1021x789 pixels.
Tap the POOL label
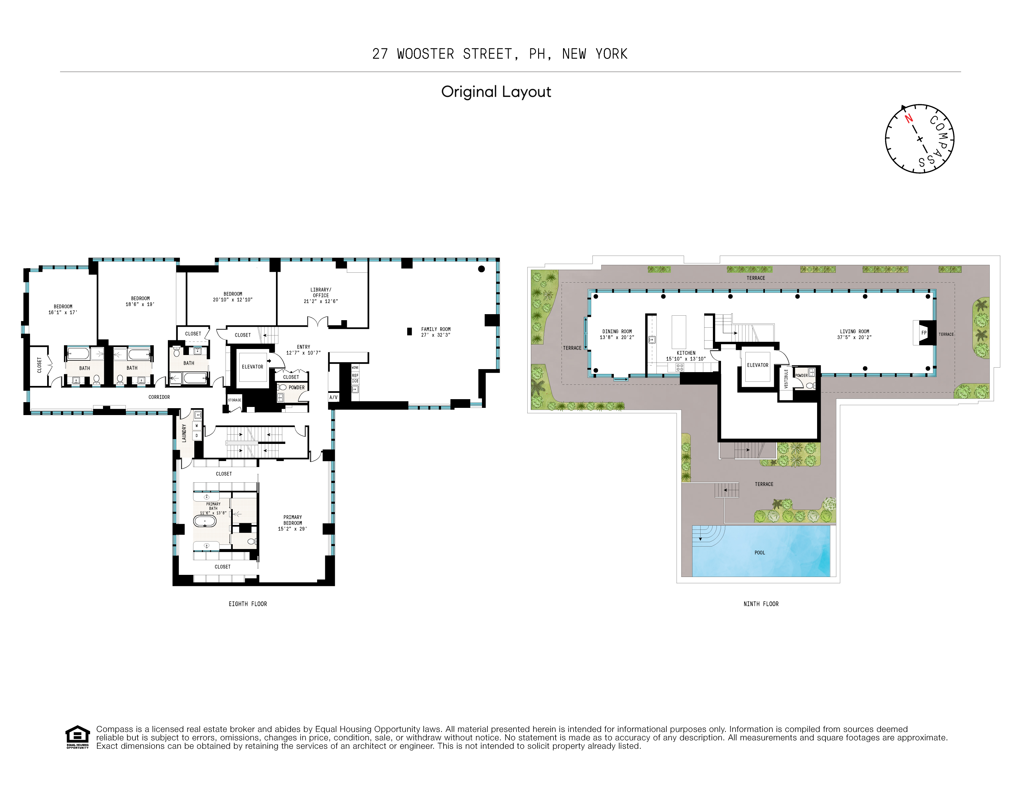(x=760, y=552)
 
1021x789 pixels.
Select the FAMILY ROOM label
(x=436, y=329)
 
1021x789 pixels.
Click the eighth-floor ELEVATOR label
(x=253, y=367)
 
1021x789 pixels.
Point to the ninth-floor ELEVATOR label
(x=757, y=365)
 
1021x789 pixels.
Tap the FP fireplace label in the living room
(x=924, y=333)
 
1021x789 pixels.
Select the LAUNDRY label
(x=184, y=433)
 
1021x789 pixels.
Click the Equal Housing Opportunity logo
(x=77, y=737)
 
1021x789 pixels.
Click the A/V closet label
(x=333, y=397)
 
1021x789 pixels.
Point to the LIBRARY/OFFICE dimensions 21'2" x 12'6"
(x=321, y=301)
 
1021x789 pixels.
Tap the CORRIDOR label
(x=159, y=397)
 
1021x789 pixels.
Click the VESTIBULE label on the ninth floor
(x=786, y=378)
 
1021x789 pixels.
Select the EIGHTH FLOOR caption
(x=248, y=604)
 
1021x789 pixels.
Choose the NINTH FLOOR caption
(x=761, y=604)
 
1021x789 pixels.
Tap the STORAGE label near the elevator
(x=234, y=400)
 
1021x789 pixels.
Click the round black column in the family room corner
(x=481, y=269)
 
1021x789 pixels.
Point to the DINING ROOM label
(x=617, y=331)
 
